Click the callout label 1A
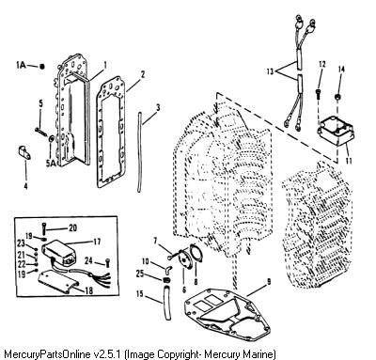point(21,65)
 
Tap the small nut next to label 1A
point(42,66)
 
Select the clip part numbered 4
point(23,151)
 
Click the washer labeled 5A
point(51,138)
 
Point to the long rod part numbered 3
point(139,152)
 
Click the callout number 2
point(143,74)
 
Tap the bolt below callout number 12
point(319,94)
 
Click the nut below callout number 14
point(338,97)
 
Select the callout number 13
point(270,71)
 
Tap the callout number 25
point(140,274)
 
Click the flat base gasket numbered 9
point(227,313)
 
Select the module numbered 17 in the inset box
point(60,251)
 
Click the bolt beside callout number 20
point(44,228)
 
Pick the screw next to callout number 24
point(107,262)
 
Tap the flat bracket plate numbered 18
point(57,281)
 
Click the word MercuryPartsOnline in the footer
point(48,354)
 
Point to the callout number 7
point(155,241)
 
